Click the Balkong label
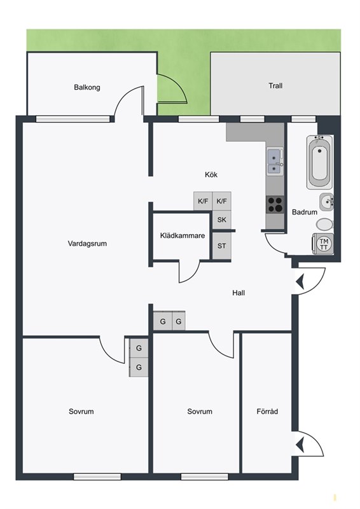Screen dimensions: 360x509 pyautogui.click(x=87, y=87)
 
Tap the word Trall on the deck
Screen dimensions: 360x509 pyautogui.click(x=275, y=86)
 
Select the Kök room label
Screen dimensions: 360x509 pyautogui.click(x=211, y=174)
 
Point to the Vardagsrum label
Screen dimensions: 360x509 pyautogui.click(x=87, y=244)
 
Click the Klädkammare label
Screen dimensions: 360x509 pyautogui.click(x=183, y=235)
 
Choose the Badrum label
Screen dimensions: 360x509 pyautogui.click(x=305, y=212)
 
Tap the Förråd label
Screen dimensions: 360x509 pyautogui.click(x=267, y=411)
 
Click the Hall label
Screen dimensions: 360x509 pyautogui.click(x=239, y=293)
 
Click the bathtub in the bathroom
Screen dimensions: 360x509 pyautogui.click(x=320, y=162)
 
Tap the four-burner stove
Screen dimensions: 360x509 pyautogui.click(x=275, y=204)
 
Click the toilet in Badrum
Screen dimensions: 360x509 pyautogui.click(x=324, y=225)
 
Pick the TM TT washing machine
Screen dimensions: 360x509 pyautogui.click(x=323, y=244)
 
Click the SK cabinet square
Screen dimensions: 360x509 pyautogui.click(x=222, y=220)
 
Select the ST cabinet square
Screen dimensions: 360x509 pyautogui.click(x=222, y=246)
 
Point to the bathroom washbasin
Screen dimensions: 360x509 pyautogui.click(x=326, y=202)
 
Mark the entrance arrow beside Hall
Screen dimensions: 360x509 pyautogui.click(x=300, y=282)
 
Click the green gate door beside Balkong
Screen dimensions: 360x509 pyautogui.click(x=172, y=89)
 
